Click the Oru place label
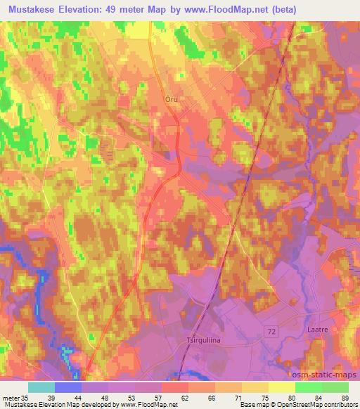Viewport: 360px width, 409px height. (172, 99)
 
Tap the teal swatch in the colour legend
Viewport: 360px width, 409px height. (42, 387)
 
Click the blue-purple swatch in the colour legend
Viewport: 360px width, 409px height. (69, 387)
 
